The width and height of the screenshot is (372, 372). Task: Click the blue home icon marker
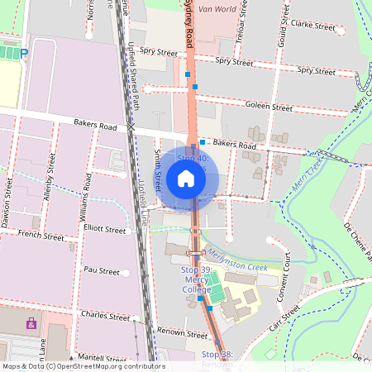(185, 179)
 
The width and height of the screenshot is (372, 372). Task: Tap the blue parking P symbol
(24, 53)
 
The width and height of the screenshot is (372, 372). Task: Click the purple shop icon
(31, 322)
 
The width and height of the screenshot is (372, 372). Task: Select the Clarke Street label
(312, 26)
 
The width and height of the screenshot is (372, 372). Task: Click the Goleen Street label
(269, 107)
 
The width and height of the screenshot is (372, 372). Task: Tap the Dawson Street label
(8, 206)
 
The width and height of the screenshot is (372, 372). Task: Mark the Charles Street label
(105, 316)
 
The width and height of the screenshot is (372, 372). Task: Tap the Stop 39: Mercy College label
(197, 279)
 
